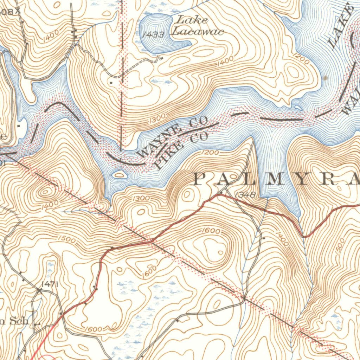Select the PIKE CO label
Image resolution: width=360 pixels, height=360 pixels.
tap(182, 151)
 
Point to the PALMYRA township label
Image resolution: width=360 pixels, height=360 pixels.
tap(276, 180)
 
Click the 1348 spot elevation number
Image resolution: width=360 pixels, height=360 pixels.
tap(245, 194)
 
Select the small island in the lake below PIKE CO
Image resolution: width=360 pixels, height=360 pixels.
tap(120, 174)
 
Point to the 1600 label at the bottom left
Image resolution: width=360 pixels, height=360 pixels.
tap(94, 329)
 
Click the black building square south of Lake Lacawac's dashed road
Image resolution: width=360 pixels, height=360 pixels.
tap(111, 83)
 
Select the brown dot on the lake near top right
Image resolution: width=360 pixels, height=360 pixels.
tap(326, 78)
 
